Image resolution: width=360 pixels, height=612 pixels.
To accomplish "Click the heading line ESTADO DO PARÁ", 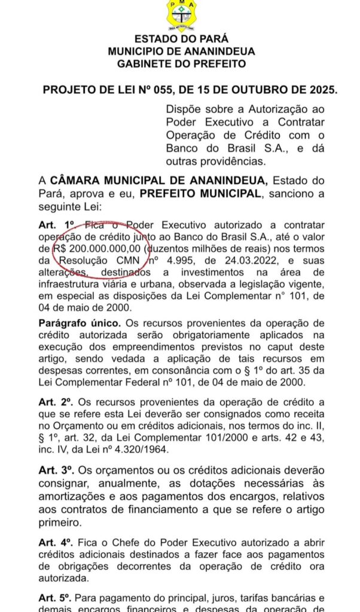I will tap(181, 39).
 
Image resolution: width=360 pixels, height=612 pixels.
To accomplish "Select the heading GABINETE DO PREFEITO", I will tap(181, 64).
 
